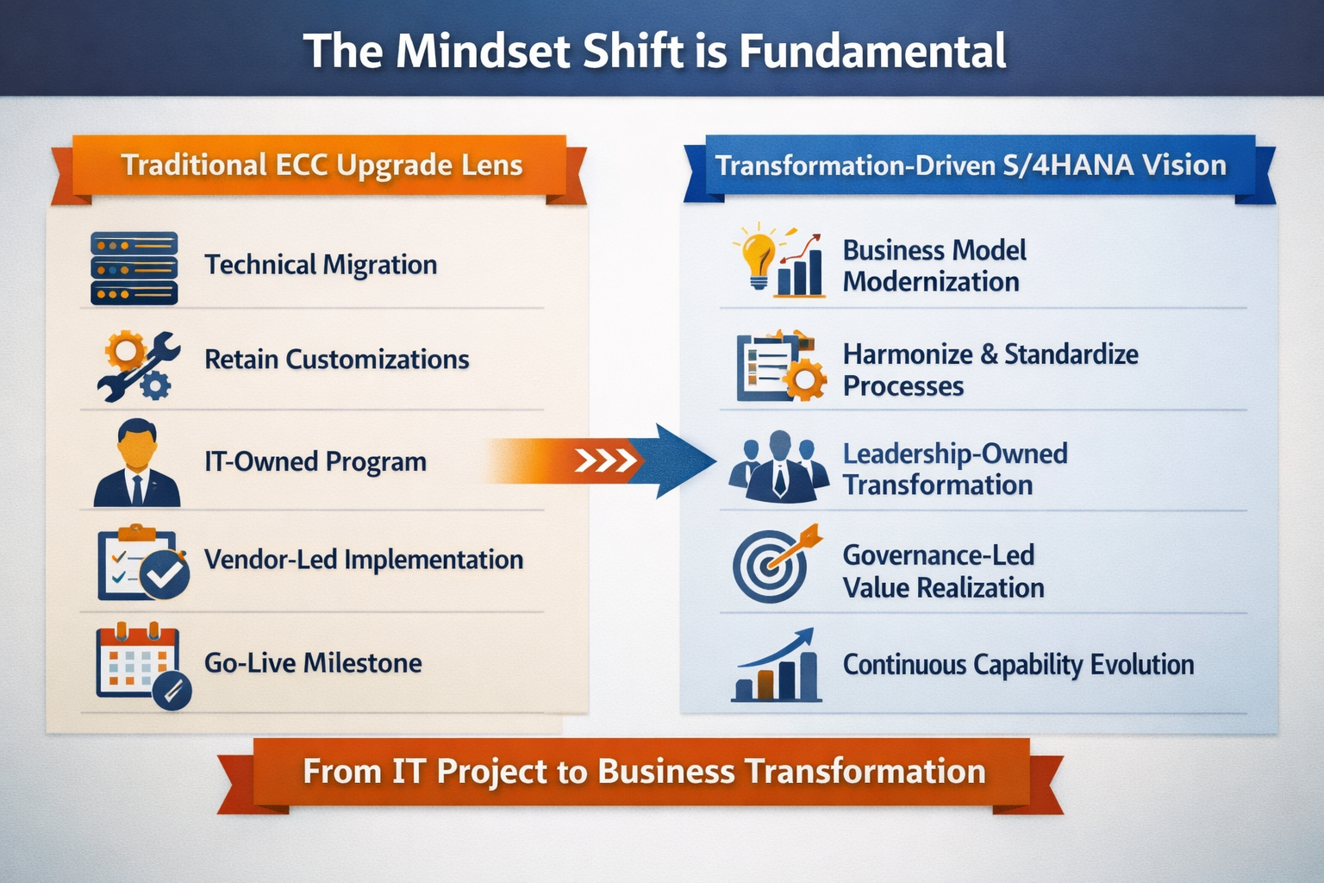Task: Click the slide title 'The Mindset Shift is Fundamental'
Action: point(654,51)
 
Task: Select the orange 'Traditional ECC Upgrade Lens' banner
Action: point(321,166)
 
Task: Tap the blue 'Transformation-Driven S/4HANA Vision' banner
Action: point(971,166)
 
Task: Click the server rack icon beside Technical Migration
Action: point(134,268)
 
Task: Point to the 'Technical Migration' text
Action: point(321,265)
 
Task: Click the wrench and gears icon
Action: point(138,365)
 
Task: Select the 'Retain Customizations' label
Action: point(336,360)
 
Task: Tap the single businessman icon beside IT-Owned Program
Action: point(136,463)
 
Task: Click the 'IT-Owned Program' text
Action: point(315,462)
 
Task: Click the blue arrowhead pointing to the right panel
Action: point(681,461)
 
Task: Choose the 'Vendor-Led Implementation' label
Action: point(363,560)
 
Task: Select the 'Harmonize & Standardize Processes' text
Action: point(990,370)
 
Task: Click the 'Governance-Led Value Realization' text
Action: point(942,572)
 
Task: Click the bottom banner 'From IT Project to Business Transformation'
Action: point(643,772)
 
